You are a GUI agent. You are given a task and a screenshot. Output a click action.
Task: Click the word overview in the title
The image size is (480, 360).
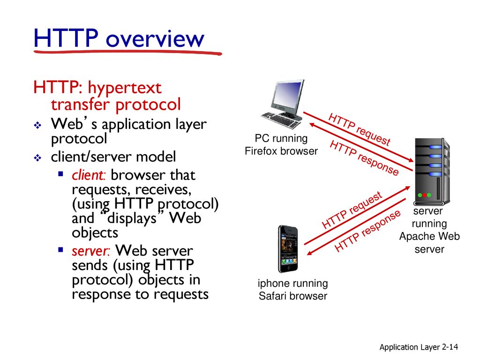[155, 39]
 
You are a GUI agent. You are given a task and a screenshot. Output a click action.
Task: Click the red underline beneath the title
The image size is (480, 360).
[127, 52]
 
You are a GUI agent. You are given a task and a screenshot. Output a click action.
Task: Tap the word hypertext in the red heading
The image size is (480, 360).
[125, 88]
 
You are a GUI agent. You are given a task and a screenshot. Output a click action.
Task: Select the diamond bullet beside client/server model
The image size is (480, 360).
[37, 157]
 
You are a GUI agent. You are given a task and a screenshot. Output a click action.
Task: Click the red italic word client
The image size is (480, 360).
[89, 175]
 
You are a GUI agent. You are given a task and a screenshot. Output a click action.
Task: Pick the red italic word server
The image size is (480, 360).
[90, 251]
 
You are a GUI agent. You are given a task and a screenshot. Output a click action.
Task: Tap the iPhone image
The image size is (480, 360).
[288, 249]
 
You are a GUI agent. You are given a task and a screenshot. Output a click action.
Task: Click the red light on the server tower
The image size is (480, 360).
[425, 195]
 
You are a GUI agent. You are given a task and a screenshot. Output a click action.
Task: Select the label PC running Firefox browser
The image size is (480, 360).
[281, 145]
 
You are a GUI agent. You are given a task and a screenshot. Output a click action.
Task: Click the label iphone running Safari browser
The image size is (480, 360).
[292, 290]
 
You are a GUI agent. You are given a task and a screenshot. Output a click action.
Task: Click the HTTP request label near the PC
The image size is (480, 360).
[359, 129]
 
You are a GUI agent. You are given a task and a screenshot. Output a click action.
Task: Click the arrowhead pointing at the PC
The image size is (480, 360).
[312, 125]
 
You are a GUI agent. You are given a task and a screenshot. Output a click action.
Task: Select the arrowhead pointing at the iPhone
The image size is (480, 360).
[310, 253]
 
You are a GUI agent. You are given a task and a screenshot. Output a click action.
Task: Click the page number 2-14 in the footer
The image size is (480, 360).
[450, 347]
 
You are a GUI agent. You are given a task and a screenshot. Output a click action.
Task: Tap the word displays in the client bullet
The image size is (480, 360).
[132, 218]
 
